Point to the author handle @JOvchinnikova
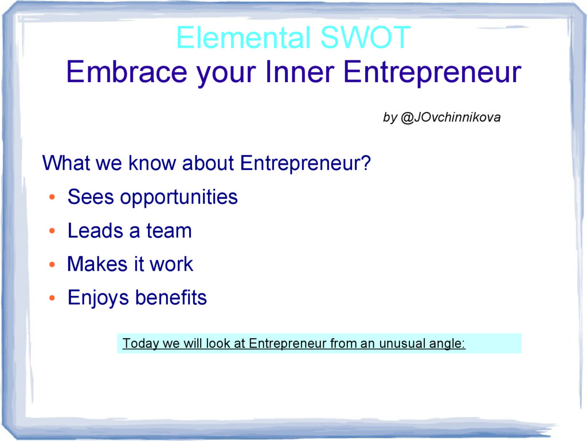450,118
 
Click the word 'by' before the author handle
390,118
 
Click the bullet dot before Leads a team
52,232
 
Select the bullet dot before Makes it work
52,265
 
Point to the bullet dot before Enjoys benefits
52,299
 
